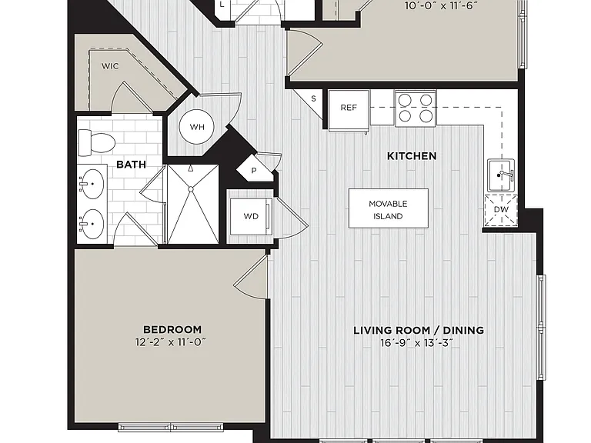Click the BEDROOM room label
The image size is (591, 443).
pyautogui.click(x=172, y=330)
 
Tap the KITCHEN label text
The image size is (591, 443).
pyautogui.click(x=412, y=156)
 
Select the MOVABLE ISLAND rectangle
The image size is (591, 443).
pyautogui.click(x=388, y=208)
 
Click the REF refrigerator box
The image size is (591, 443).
pyautogui.click(x=349, y=110)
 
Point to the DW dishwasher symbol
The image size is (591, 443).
pyautogui.click(x=501, y=211)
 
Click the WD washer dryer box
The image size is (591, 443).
pyautogui.click(x=251, y=216)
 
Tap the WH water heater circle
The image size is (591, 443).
pyautogui.click(x=197, y=127)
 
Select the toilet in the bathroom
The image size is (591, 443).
pyautogui.click(x=96, y=142)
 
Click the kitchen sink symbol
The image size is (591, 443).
pyautogui.click(x=501, y=175)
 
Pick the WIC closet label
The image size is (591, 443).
pyautogui.click(x=110, y=66)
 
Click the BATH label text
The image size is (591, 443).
pyautogui.click(x=131, y=165)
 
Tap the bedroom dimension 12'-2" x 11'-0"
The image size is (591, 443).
pyautogui.click(x=171, y=342)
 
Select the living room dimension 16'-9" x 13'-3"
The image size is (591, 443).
pyautogui.click(x=416, y=343)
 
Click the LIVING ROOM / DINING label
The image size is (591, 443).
pyautogui.click(x=419, y=331)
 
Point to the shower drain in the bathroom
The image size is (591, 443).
pyautogui.click(x=191, y=189)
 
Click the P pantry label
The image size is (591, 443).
pyautogui.click(x=254, y=171)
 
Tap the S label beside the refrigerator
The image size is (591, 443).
pyautogui.click(x=313, y=98)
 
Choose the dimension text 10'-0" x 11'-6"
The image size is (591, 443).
pyautogui.click(x=441, y=6)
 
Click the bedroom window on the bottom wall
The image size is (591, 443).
pyautogui.click(x=171, y=427)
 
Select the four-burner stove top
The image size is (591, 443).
pyautogui.click(x=416, y=108)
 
